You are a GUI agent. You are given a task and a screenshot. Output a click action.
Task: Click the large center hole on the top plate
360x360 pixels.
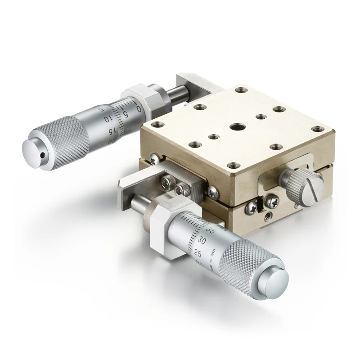click(237, 126)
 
